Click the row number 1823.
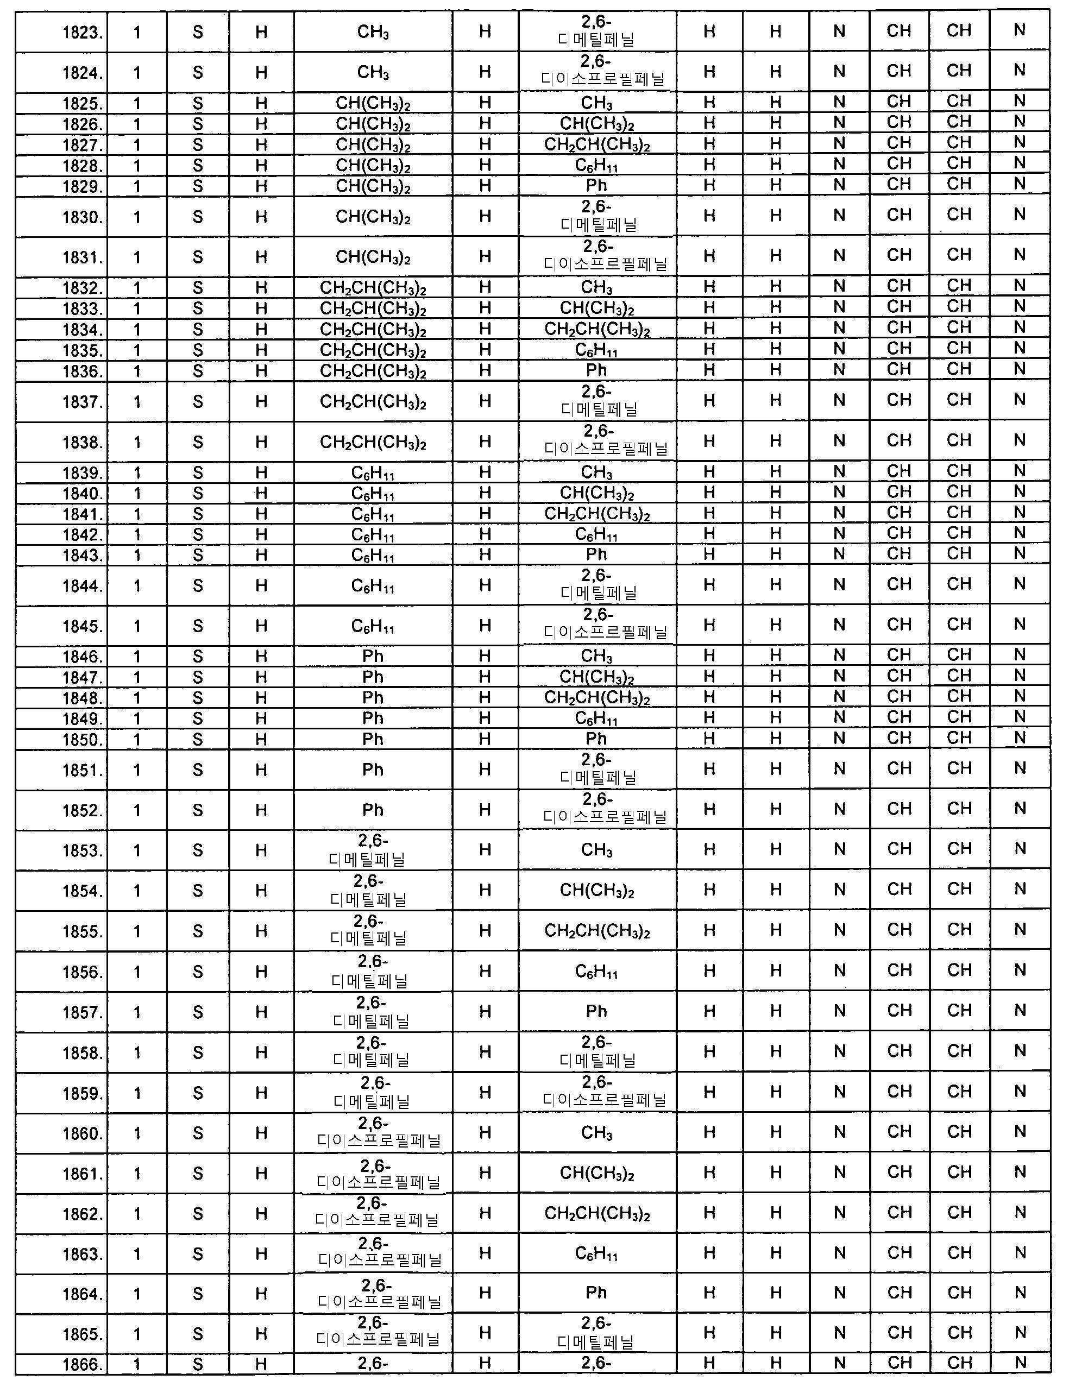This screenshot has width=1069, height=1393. pyautogui.click(x=82, y=33)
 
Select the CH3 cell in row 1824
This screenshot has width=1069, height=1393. pyautogui.click(x=373, y=73)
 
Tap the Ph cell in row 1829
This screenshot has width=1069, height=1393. pyautogui.click(x=596, y=186)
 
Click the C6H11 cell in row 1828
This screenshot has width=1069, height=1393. pyautogui.click(x=596, y=166)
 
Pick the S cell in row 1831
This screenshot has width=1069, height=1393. pyautogui.click(x=198, y=257)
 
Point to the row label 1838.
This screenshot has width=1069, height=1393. pyautogui.click(x=82, y=442)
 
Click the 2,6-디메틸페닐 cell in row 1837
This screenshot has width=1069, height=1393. pyautogui.click(x=597, y=401)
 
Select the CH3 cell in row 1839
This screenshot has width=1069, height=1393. pyautogui.click(x=596, y=472)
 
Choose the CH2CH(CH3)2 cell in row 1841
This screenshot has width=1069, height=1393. pyautogui.click(x=596, y=514)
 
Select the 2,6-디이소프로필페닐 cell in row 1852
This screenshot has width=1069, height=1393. pyautogui.click(x=597, y=809)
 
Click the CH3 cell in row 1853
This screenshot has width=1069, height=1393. pyautogui.click(x=596, y=850)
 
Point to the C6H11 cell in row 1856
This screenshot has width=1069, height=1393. pyautogui.click(x=596, y=971)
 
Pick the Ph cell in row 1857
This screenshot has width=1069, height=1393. pyautogui.click(x=596, y=1011)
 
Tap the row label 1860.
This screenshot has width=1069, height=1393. pyautogui.click(x=82, y=1133)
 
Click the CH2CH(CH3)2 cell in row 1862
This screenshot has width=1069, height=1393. pyautogui.click(x=596, y=1214)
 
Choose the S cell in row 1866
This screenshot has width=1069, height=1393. pyautogui.click(x=198, y=1364)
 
